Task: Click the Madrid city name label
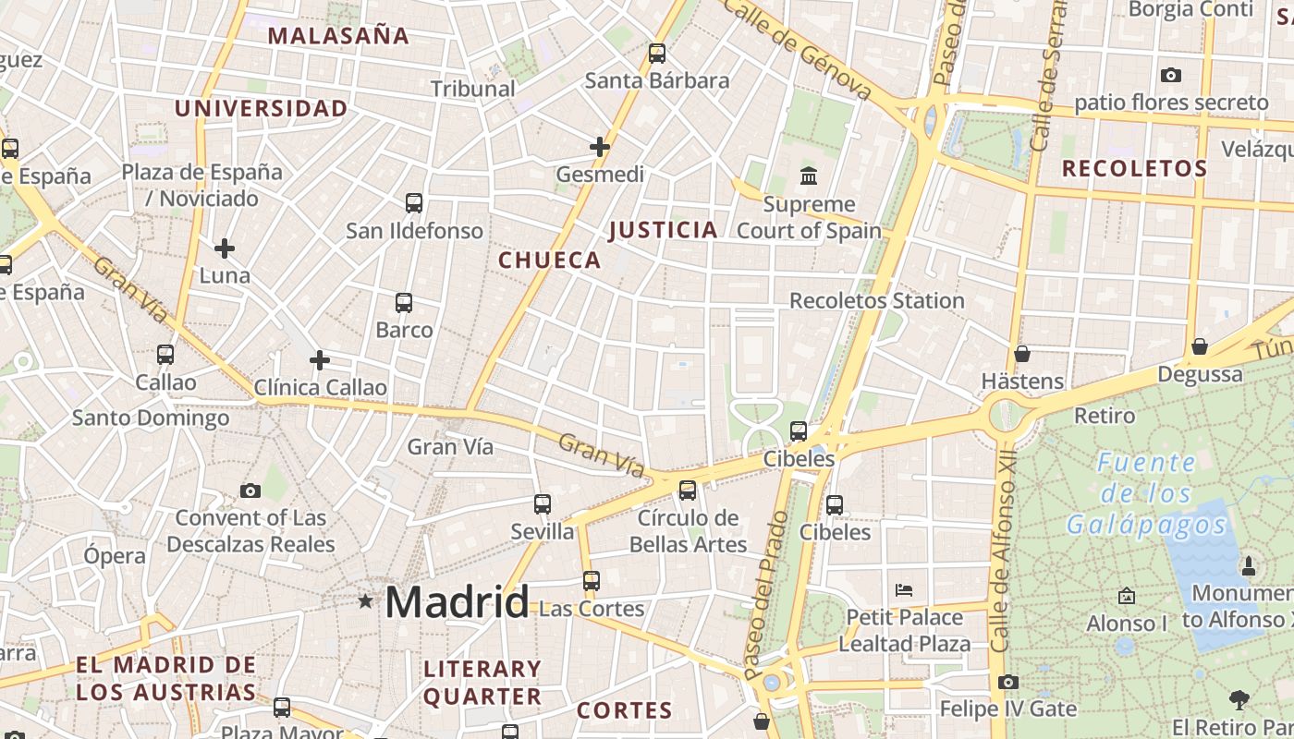(x=457, y=602)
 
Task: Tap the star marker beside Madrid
(x=366, y=601)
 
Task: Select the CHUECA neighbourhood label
(x=550, y=260)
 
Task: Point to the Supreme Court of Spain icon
(x=809, y=176)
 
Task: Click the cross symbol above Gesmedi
(x=600, y=146)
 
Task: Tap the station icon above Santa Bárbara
(x=657, y=54)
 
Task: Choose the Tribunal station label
(x=472, y=89)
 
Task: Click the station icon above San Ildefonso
(x=414, y=203)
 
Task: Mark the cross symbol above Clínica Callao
(x=320, y=359)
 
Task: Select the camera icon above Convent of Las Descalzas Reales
(x=250, y=491)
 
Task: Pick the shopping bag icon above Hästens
(x=1022, y=354)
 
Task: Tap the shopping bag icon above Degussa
(x=1200, y=346)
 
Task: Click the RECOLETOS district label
(x=1134, y=169)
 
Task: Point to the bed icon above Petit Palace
(x=904, y=589)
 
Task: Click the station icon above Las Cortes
(x=592, y=581)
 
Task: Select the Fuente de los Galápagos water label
(x=1146, y=493)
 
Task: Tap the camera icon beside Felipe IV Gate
(x=1008, y=682)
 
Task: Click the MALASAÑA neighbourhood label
(x=338, y=36)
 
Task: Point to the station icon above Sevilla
(x=543, y=504)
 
